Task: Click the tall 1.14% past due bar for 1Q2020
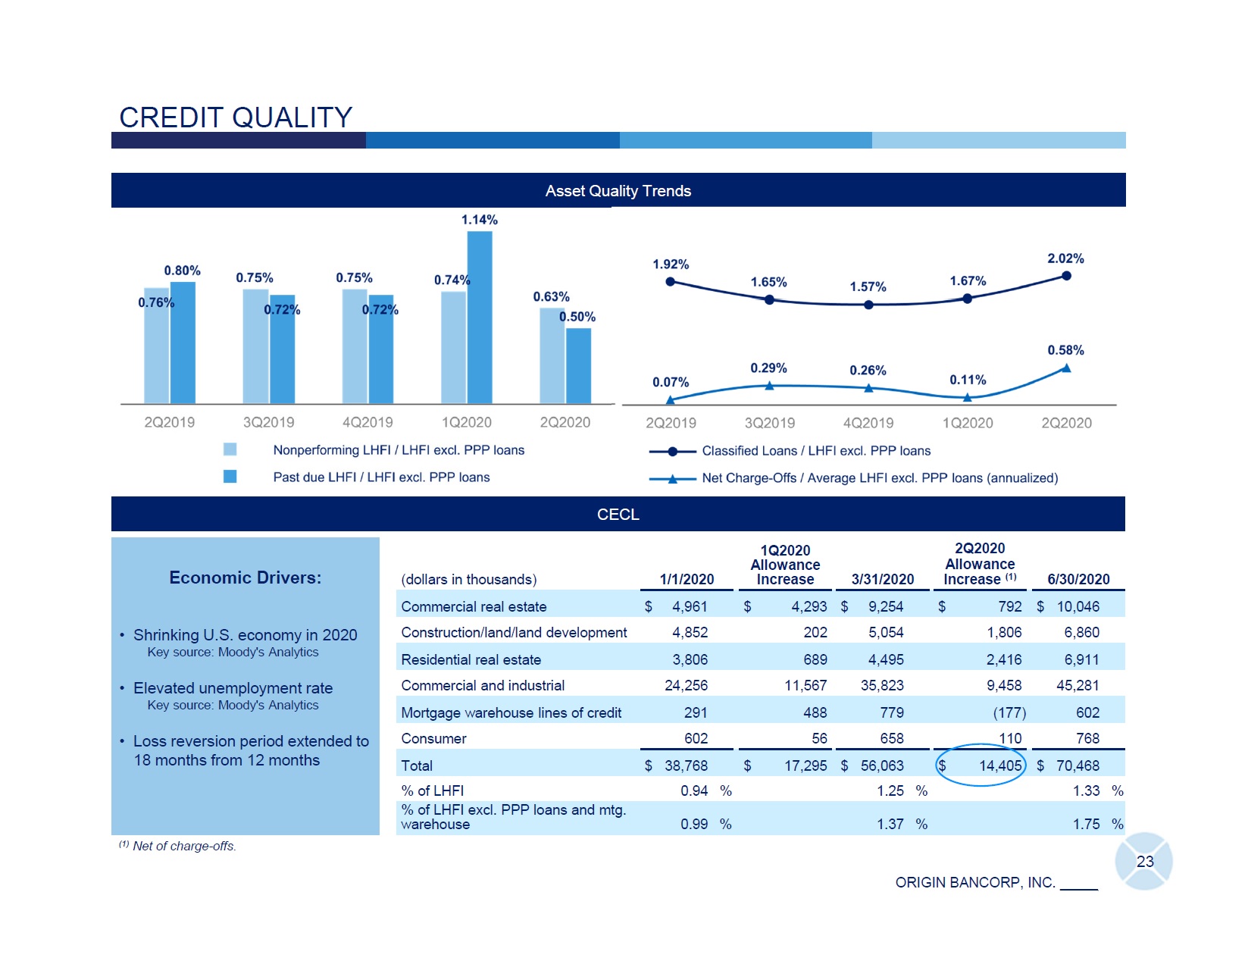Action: (480, 317)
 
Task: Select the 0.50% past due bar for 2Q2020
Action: (578, 365)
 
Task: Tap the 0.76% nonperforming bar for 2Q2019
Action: (156, 346)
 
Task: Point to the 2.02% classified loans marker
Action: (1066, 276)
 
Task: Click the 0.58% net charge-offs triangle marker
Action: (1066, 368)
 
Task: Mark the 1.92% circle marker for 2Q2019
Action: (670, 282)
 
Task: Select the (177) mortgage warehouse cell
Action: (1009, 712)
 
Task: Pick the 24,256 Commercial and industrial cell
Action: (686, 685)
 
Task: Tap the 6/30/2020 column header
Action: (1078, 579)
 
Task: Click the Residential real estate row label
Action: (471, 659)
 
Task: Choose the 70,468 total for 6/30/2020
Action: (1078, 765)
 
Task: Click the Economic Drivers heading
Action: (245, 578)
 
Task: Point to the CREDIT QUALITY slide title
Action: (236, 117)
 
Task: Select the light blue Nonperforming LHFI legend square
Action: (230, 449)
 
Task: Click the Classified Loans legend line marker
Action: (673, 452)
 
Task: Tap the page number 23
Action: (1144, 861)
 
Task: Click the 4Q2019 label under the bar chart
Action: (368, 422)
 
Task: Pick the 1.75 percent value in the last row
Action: (1086, 824)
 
